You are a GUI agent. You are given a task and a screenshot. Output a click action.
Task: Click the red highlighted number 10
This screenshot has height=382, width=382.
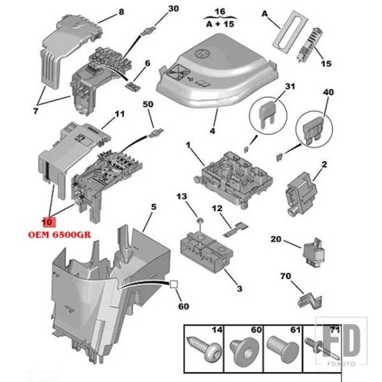point(47,223)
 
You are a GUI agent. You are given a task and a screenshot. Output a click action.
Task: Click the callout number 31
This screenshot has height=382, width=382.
point(290,87)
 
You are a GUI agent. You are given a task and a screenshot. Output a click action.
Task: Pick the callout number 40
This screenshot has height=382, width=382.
point(328,92)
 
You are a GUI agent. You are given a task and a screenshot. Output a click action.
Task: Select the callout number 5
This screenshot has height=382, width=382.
point(153,206)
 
